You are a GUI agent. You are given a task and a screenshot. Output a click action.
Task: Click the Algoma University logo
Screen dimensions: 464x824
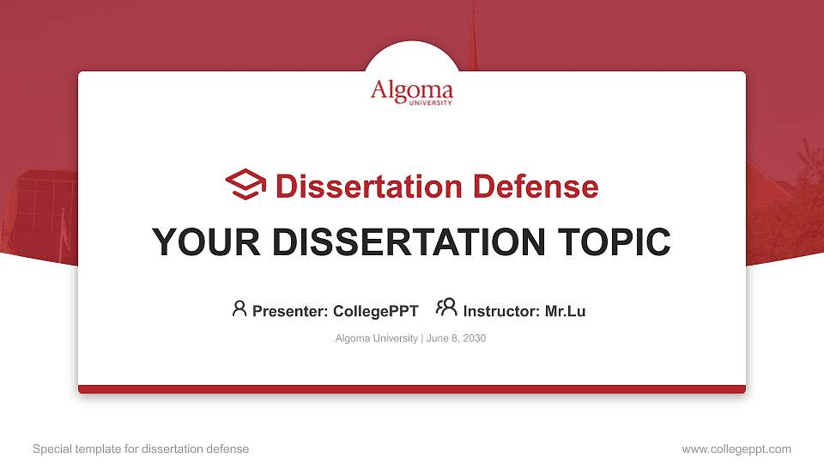411,91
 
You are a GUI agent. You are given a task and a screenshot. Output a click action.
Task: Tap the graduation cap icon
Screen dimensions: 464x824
245,185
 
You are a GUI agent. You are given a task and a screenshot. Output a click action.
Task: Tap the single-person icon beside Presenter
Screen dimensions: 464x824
239,308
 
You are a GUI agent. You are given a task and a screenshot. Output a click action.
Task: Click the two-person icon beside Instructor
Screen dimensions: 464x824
446,308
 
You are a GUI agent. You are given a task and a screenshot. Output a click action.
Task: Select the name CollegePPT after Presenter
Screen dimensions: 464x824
375,311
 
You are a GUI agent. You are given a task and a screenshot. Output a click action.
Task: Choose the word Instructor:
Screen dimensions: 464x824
501,311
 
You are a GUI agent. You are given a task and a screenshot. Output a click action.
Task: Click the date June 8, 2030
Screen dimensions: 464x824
456,339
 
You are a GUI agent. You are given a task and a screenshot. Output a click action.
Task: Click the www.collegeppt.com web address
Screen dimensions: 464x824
736,449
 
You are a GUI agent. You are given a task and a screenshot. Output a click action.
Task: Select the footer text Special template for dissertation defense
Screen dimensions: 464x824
141,449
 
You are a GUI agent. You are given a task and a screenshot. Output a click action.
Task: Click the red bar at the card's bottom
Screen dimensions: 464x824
412,389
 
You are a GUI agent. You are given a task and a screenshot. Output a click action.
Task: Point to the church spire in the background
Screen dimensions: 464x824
471,34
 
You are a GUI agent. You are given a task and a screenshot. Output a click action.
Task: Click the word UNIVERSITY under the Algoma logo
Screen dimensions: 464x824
429,101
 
